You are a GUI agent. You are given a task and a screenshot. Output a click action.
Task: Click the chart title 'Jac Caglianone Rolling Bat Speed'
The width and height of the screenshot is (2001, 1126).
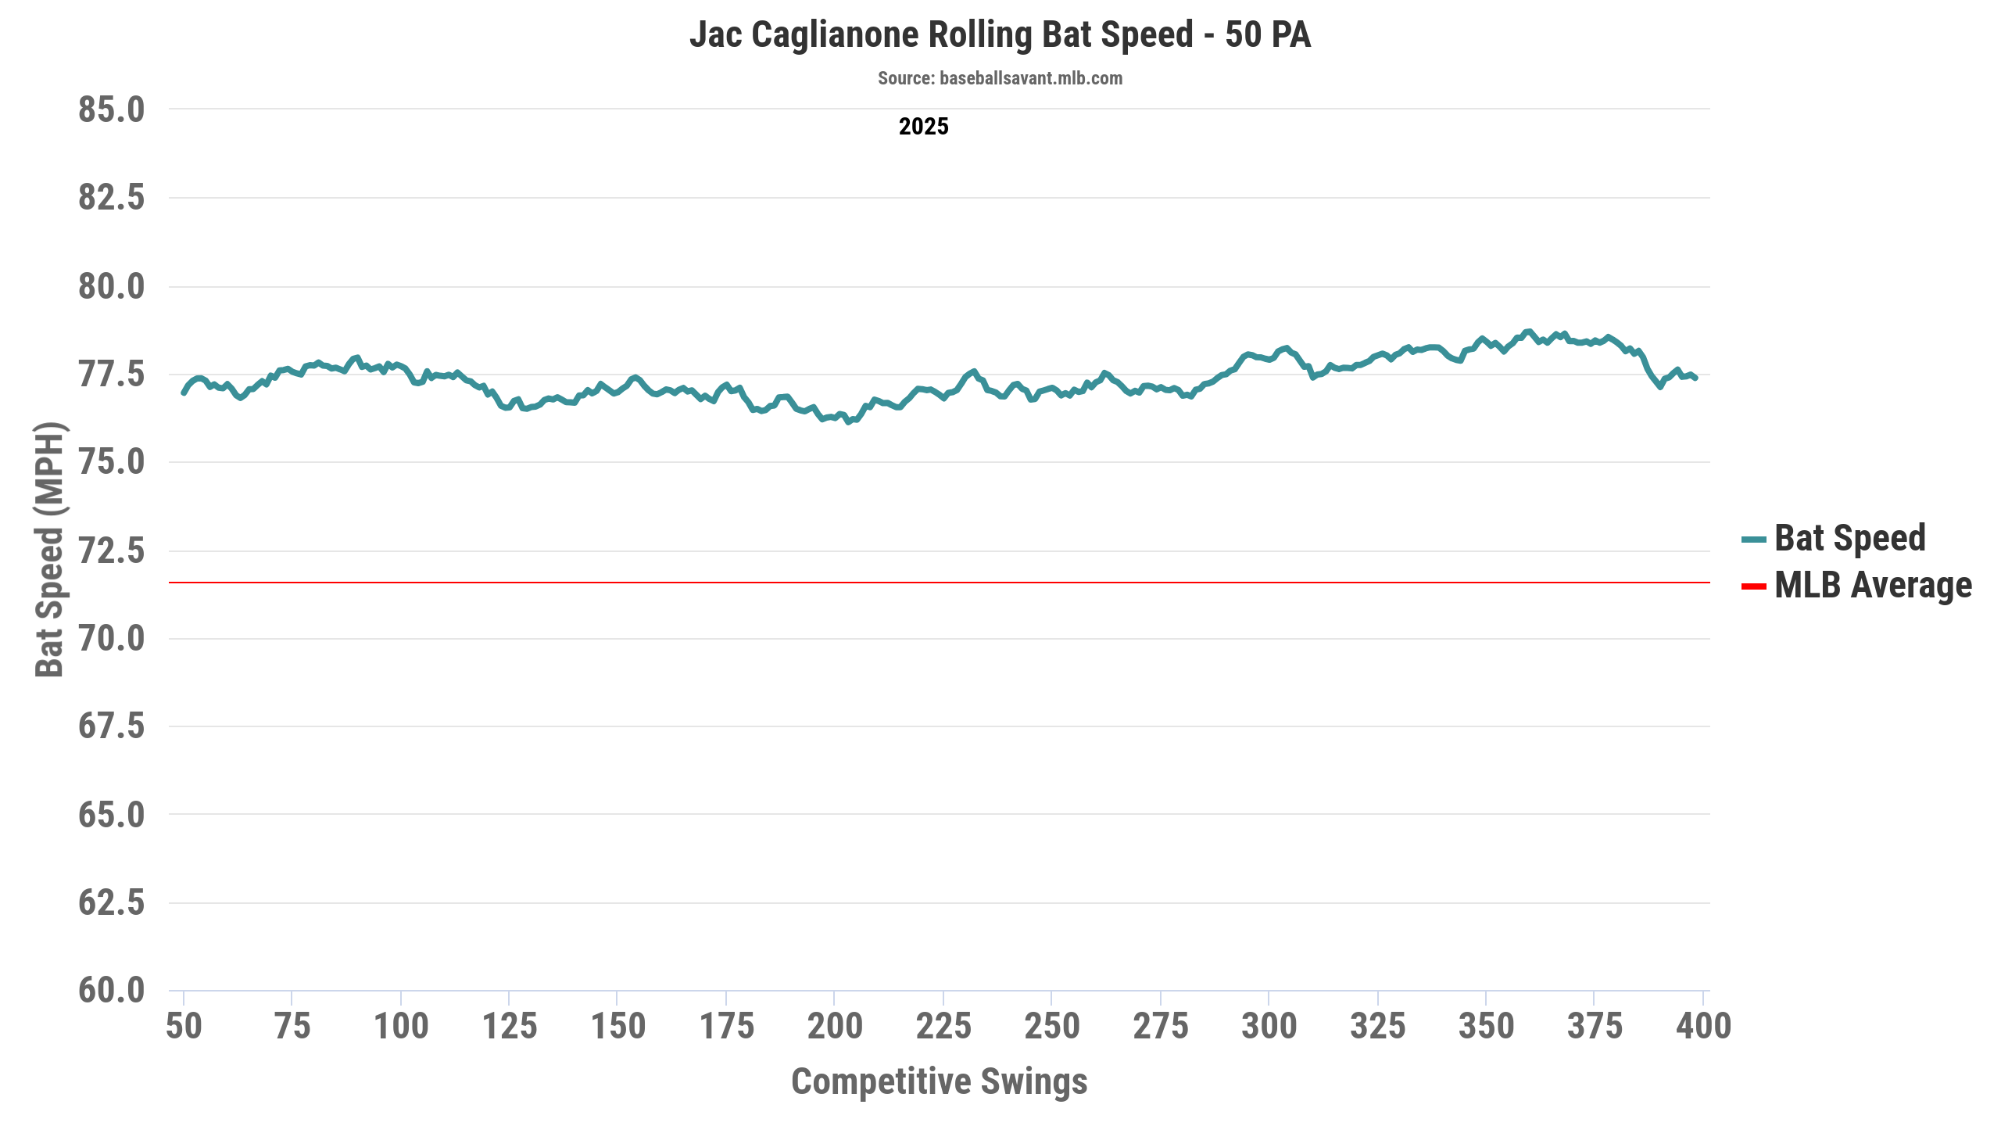tap(1000, 35)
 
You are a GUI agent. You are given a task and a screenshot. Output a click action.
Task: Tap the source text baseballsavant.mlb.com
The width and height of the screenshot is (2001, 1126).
tap(1000, 78)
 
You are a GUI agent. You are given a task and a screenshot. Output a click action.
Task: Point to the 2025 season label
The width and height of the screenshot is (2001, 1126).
tap(923, 127)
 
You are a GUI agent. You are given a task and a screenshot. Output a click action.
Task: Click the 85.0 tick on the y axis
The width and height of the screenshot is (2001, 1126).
tap(111, 109)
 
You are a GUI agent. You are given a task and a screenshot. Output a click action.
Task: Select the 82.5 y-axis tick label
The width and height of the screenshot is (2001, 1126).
tap(111, 197)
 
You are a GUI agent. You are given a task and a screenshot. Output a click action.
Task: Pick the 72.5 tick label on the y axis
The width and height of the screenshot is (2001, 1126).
tap(111, 550)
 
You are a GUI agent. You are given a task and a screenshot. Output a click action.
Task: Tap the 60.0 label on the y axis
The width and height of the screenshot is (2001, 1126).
tap(111, 991)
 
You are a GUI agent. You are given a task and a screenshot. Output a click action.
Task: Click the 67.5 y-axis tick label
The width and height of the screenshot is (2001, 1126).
tap(111, 726)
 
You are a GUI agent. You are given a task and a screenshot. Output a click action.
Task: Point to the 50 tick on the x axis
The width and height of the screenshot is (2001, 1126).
tap(184, 1026)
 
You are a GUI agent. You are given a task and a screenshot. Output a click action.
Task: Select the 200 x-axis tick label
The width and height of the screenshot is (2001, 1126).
tap(834, 1026)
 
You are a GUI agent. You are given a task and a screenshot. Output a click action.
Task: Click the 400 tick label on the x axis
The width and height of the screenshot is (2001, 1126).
tap(1703, 1026)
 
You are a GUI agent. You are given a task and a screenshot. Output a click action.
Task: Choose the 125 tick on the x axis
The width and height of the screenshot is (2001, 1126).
tap(510, 1026)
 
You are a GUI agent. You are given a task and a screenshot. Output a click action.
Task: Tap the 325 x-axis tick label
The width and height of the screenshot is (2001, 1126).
tap(1377, 1026)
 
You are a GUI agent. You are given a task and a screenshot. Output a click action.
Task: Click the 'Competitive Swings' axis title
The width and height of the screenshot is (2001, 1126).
tap(939, 1081)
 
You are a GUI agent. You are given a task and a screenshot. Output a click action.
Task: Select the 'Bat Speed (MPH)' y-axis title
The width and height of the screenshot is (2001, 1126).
tap(49, 549)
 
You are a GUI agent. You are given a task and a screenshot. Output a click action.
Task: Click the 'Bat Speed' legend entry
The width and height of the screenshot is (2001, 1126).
tap(1849, 538)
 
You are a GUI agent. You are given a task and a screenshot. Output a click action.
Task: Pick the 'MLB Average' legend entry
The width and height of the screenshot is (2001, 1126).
tap(1873, 586)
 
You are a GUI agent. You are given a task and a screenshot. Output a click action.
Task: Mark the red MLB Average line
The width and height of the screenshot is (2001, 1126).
tap(938, 583)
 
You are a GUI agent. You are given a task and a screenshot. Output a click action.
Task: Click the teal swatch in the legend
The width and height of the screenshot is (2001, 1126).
tap(1753, 540)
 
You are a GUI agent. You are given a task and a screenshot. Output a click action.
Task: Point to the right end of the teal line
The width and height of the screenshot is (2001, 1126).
tap(1695, 378)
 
